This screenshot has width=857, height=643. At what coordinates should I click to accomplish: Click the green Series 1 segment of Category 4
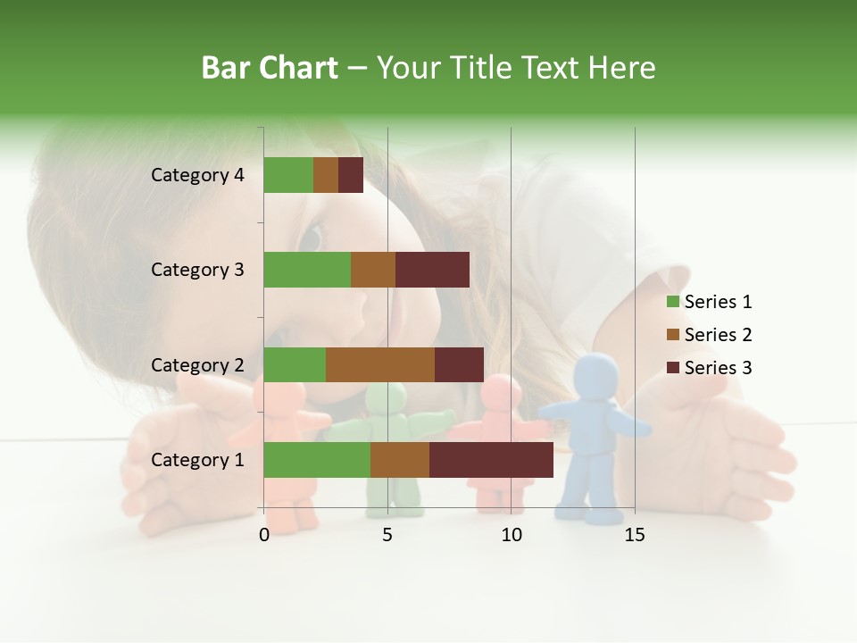[x=287, y=175]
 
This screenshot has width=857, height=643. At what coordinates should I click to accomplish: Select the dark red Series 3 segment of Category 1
[x=491, y=460]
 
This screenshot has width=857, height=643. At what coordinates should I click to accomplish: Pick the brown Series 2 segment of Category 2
[x=379, y=364]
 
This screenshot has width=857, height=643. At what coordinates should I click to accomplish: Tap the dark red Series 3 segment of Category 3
[x=432, y=270]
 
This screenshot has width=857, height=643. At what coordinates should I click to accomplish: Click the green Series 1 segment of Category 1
[x=316, y=460]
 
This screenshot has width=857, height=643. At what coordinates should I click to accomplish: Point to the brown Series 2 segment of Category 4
[x=326, y=175]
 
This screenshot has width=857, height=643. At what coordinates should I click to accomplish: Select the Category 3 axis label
[x=197, y=270]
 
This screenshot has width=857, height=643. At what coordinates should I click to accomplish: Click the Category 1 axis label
[x=197, y=460]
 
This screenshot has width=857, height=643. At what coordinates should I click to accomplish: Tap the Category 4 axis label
[x=197, y=175]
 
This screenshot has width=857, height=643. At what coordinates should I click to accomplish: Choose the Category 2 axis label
[x=197, y=364]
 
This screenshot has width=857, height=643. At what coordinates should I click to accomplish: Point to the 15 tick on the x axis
[x=635, y=535]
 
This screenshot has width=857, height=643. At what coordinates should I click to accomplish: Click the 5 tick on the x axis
[x=387, y=535]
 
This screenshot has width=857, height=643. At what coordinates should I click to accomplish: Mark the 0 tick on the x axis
[x=264, y=535]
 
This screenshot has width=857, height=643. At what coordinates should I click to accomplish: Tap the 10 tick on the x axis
[x=511, y=535]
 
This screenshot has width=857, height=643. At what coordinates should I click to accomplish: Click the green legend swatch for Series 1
[x=672, y=302]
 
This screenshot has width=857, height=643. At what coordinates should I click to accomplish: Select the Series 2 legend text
[x=718, y=335]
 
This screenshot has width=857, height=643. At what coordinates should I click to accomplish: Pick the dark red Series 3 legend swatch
[x=672, y=368]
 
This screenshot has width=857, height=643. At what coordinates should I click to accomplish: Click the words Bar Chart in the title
[x=269, y=68]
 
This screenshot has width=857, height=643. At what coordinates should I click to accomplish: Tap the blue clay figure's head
[x=597, y=374]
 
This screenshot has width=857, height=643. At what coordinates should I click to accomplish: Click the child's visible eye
[x=310, y=238]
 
